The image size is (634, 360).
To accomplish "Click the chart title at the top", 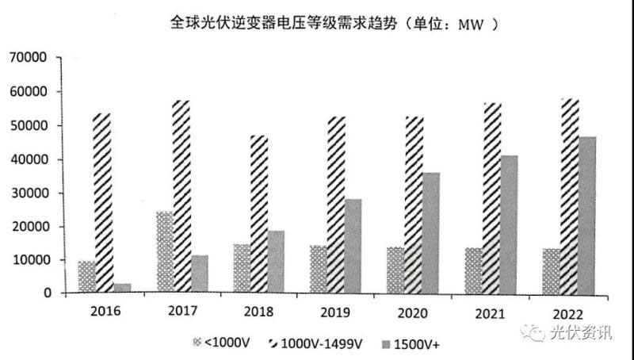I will tap(334, 23).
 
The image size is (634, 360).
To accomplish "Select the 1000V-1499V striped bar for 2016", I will tap(102, 203).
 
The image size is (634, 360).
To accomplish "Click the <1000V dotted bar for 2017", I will tap(164, 252).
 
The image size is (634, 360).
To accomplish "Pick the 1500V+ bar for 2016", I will tap(122, 289).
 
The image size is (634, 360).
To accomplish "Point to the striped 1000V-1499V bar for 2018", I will tap(258, 214).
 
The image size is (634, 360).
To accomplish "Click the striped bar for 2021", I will tap(491, 198).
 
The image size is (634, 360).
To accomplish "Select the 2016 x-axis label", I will tap(105, 312).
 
